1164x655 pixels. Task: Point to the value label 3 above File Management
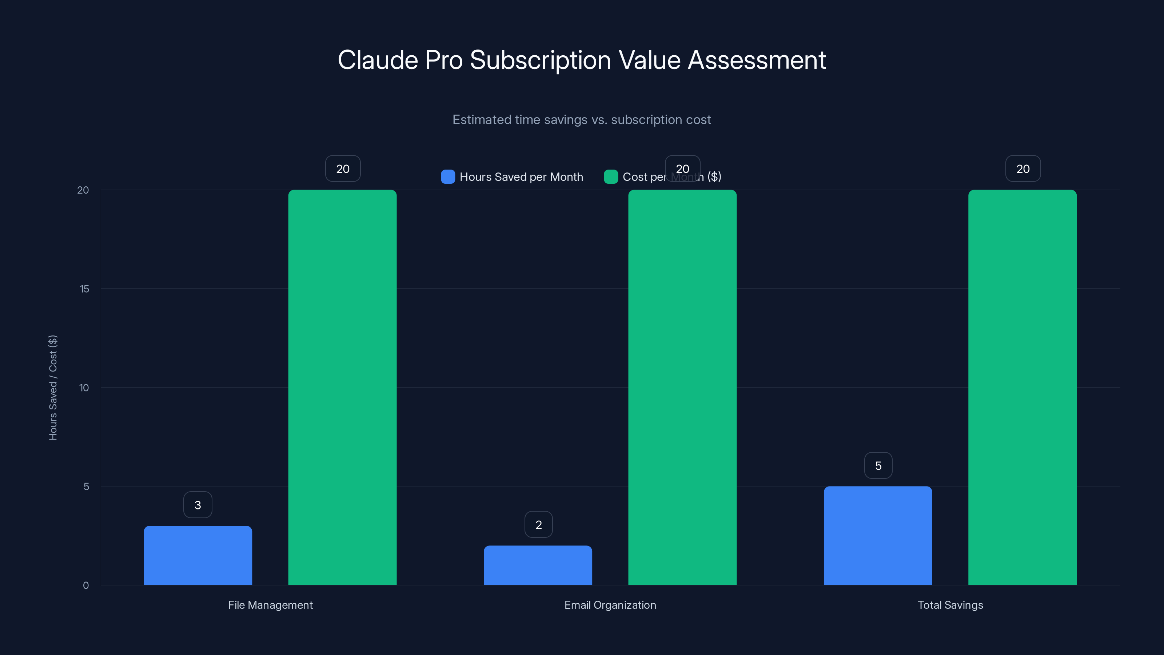pyautogui.click(x=198, y=505)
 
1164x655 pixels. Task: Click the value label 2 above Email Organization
pyautogui.click(x=538, y=525)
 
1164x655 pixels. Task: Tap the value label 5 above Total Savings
pyautogui.click(x=878, y=466)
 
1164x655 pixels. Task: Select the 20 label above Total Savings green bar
pyautogui.click(x=1023, y=168)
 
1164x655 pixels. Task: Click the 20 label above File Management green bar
pyautogui.click(x=343, y=168)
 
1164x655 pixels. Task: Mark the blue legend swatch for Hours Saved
pyautogui.click(x=448, y=177)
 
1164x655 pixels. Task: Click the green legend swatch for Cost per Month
pyautogui.click(x=610, y=177)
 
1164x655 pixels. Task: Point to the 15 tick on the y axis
pyautogui.click(x=84, y=289)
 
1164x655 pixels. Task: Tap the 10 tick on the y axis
pyautogui.click(x=84, y=388)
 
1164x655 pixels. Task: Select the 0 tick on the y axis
pyautogui.click(x=86, y=585)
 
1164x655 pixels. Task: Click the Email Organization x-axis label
pyautogui.click(x=610, y=605)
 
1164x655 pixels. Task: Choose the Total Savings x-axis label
pyautogui.click(x=950, y=605)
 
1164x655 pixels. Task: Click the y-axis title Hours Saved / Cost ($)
pyautogui.click(x=53, y=388)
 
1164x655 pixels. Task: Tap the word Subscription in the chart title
pyautogui.click(x=541, y=60)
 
